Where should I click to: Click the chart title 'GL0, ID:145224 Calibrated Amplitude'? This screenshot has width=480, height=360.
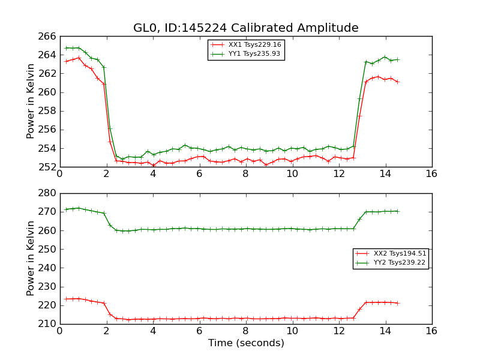click(245, 28)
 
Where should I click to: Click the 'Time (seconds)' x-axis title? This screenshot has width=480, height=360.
click(246, 343)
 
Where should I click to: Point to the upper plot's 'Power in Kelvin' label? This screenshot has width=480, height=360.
click(31, 101)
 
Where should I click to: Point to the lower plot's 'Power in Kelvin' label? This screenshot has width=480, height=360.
click(31, 258)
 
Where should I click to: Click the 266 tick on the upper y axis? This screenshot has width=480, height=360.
click(49, 37)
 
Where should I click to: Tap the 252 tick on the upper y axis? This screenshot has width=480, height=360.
click(49, 167)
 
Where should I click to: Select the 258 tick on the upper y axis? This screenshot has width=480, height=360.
click(49, 111)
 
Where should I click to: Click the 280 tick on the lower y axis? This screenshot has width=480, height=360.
click(49, 193)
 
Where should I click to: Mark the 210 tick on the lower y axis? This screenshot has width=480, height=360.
click(49, 324)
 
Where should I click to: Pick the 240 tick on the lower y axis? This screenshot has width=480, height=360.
click(49, 268)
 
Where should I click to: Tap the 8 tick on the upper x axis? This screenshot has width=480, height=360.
click(245, 174)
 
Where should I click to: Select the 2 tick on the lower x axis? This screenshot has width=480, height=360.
click(106, 331)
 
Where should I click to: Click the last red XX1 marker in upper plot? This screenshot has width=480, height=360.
click(397, 82)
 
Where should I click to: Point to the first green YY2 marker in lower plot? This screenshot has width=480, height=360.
click(66, 209)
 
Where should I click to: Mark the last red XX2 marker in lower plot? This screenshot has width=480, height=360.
click(397, 303)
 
